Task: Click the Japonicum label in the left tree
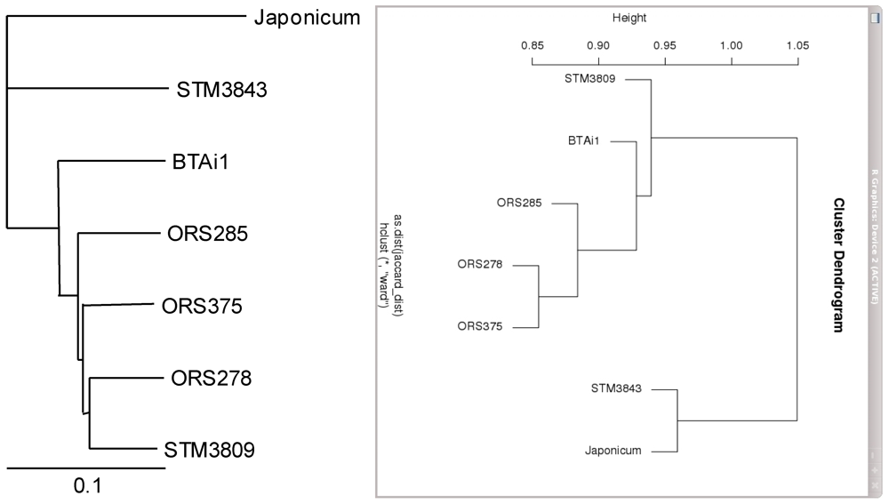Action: [306, 17]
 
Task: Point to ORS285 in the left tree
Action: [206, 235]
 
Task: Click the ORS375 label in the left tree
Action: [202, 307]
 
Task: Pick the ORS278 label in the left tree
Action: [212, 379]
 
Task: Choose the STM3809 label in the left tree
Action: [210, 450]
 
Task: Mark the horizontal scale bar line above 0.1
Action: [87, 467]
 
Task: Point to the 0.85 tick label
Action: [532, 45]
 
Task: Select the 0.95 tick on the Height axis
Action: [665, 45]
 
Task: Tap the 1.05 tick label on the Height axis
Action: [797, 45]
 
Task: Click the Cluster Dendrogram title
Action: [837, 266]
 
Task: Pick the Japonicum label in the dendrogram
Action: [613, 452]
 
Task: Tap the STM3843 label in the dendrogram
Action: [616, 388]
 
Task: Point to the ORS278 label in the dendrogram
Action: [480, 265]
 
